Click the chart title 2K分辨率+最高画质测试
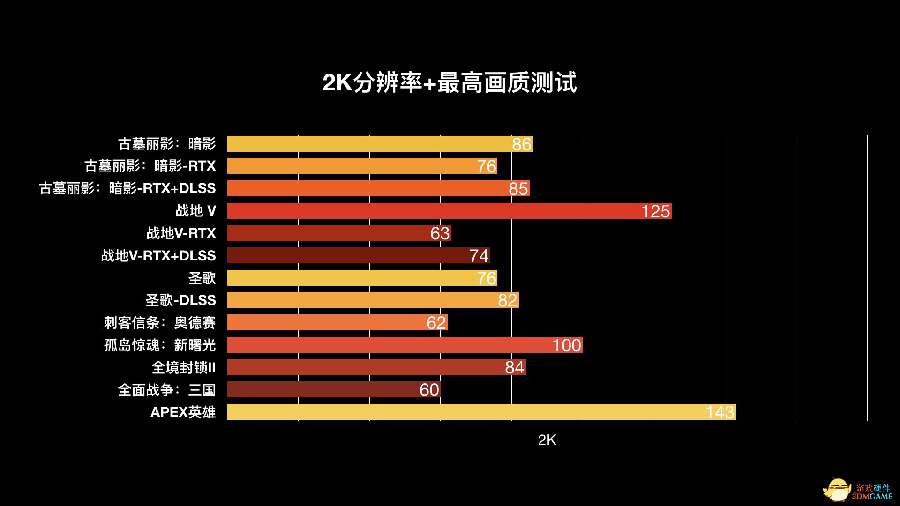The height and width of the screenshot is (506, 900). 449,83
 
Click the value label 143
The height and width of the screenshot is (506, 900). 720,412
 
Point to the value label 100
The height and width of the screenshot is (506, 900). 566,345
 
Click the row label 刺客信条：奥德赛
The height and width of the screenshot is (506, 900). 159,322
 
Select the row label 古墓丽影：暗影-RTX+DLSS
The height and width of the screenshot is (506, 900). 127,188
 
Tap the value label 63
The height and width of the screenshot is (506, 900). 440,233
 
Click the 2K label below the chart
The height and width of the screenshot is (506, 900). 547,440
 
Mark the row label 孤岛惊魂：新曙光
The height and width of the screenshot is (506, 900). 159,345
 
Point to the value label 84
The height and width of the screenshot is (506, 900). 514,368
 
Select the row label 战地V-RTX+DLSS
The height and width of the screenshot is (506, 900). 158,255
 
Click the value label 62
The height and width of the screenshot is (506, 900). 436,323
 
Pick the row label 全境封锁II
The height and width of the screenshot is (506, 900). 183,367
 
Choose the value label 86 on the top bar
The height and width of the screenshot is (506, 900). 521,144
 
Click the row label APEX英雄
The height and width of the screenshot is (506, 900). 183,412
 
